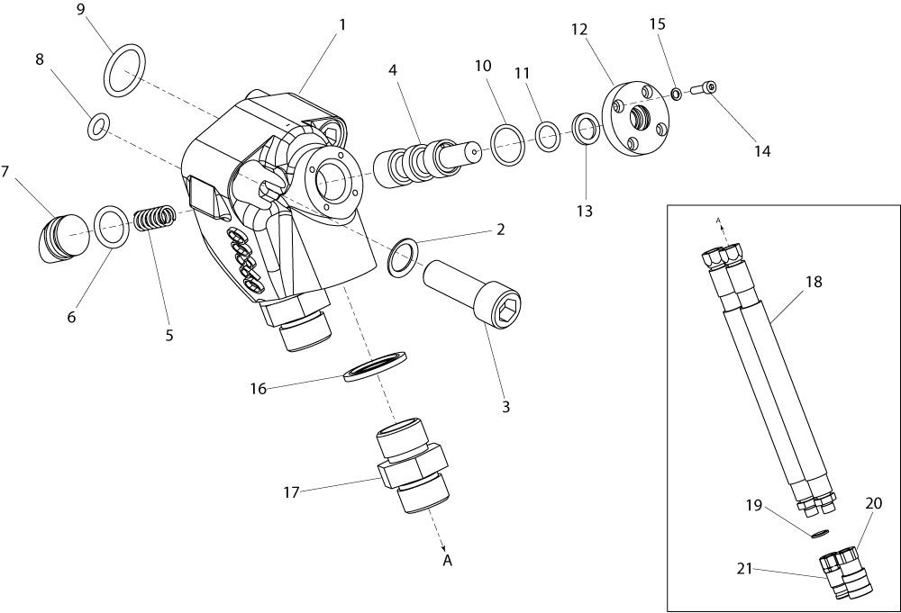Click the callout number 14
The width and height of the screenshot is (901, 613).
pyautogui.click(x=762, y=151)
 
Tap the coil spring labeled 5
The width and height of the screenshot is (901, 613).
pyautogui.click(x=155, y=218)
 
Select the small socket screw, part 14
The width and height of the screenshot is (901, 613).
pyautogui.click(x=702, y=88)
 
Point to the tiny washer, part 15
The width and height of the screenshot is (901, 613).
pyautogui.click(x=677, y=94)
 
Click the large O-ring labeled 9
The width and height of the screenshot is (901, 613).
pyautogui.click(x=124, y=70)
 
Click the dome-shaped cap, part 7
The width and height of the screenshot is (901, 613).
pyautogui.click(x=61, y=237)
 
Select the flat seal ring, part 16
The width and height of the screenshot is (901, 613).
pyautogui.click(x=376, y=365)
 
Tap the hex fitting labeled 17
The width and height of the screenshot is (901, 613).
pyautogui.click(x=412, y=465)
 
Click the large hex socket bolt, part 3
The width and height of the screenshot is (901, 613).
pyautogui.click(x=474, y=293)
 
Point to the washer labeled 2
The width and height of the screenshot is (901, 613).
pyautogui.click(x=404, y=256)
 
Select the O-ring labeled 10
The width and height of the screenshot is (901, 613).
pyautogui.click(x=507, y=145)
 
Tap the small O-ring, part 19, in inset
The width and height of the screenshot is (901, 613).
pyautogui.click(x=820, y=535)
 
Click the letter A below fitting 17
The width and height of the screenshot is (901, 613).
pyautogui.click(x=448, y=560)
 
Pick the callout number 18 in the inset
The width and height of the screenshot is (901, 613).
pyautogui.click(x=814, y=282)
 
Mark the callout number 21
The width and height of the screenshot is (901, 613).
pyautogui.click(x=744, y=569)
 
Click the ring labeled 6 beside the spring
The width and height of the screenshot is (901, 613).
pyautogui.click(x=111, y=227)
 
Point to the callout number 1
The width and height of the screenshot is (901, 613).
pyautogui.click(x=342, y=24)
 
